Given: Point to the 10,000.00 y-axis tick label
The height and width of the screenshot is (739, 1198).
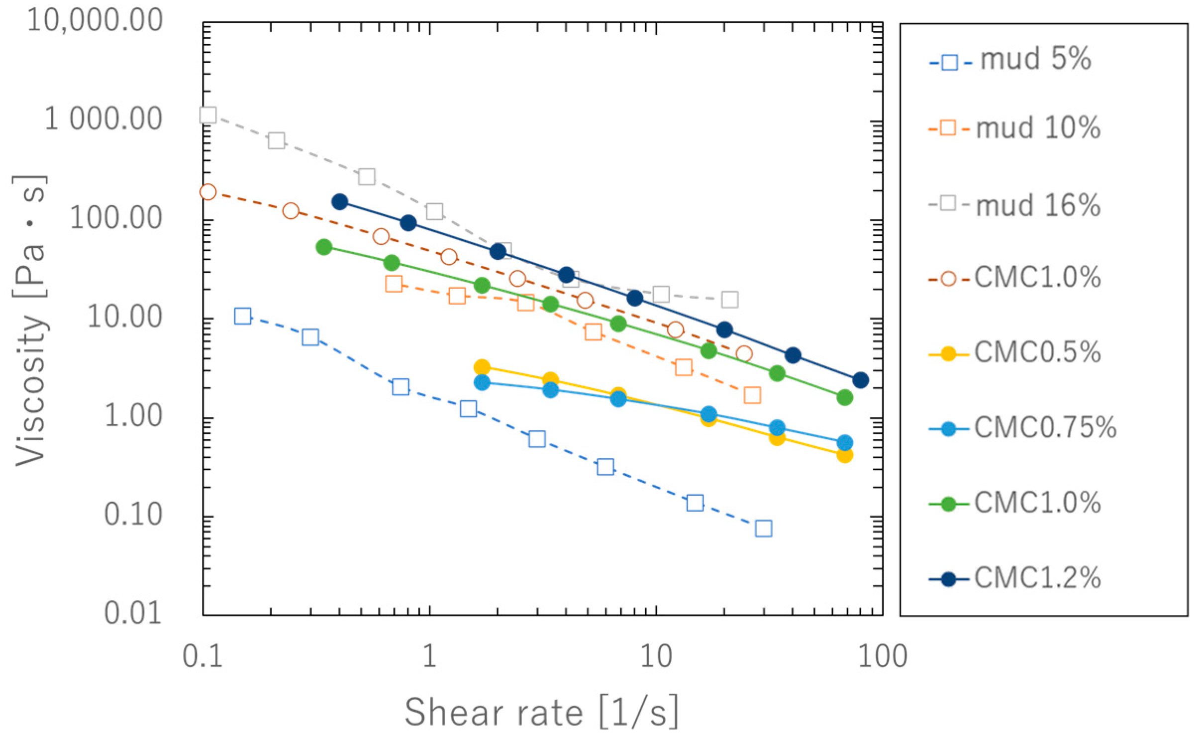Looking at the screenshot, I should pyautogui.click(x=95, y=21).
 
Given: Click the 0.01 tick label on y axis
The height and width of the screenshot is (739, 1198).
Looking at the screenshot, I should pyautogui.click(x=133, y=613).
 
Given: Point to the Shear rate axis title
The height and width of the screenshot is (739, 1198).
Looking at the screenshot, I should pyautogui.click(x=541, y=712).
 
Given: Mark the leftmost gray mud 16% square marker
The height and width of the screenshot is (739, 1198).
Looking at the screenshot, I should pyautogui.click(x=208, y=115).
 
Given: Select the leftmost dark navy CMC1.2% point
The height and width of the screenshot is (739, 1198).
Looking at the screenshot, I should pyautogui.click(x=340, y=202).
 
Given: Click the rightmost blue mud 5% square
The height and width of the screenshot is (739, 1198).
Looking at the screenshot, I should pyautogui.click(x=763, y=528).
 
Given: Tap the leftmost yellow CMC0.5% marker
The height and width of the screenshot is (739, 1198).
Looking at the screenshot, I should pyautogui.click(x=482, y=367).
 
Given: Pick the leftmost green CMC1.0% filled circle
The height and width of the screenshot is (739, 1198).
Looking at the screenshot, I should pyautogui.click(x=324, y=246).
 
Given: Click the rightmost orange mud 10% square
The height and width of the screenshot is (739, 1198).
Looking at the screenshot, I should pyautogui.click(x=752, y=396).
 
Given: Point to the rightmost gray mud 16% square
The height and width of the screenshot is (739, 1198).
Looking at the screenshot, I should pyautogui.click(x=729, y=300).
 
